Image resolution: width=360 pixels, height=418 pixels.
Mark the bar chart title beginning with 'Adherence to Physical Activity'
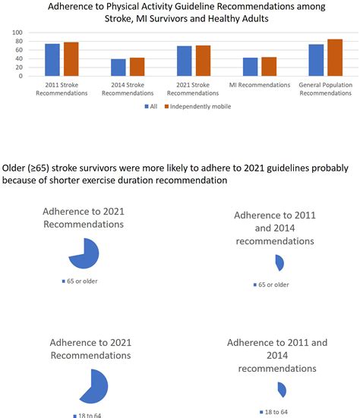[180, 13]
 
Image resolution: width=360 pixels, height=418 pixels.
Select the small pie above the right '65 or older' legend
[279, 262]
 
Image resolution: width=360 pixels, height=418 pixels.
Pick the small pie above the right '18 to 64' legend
[282, 389]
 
